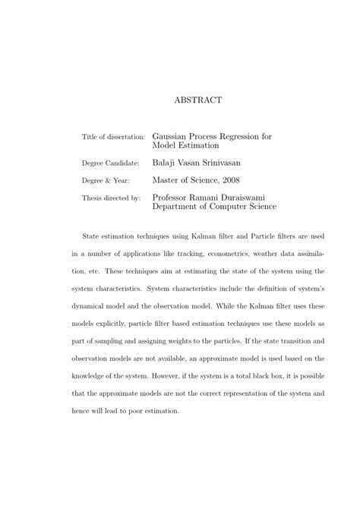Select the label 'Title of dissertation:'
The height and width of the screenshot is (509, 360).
tap(113, 138)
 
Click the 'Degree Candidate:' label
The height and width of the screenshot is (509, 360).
tap(110, 163)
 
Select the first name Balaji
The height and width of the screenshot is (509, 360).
tap(166, 162)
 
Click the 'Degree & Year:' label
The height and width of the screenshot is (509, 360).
tap(106, 181)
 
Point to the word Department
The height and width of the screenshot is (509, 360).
tap(182, 207)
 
